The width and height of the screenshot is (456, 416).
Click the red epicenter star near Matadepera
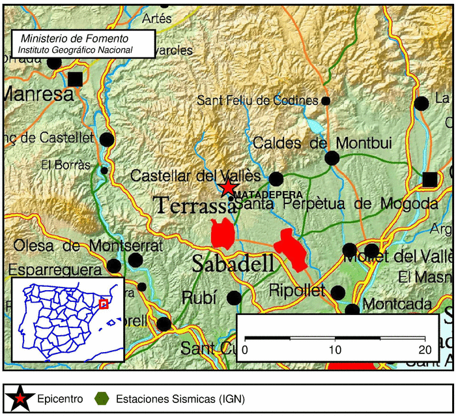(x=227, y=188)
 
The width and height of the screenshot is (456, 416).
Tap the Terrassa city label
(x=195, y=205)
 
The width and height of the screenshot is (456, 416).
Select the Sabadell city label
(x=233, y=264)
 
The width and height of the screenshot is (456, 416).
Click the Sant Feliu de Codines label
(x=257, y=100)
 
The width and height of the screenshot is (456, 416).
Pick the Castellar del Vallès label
(x=195, y=176)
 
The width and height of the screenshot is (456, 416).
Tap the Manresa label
(x=38, y=94)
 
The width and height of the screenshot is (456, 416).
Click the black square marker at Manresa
(x=76, y=79)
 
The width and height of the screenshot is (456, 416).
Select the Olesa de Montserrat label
(x=87, y=246)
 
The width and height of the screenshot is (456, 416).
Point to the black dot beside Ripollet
(x=337, y=292)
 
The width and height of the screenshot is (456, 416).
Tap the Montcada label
(x=397, y=305)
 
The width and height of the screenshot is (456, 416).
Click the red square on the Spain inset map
(x=103, y=304)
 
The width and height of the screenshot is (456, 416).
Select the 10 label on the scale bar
(x=335, y=349)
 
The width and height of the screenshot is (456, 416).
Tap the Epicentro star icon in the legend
(x=21, y=398)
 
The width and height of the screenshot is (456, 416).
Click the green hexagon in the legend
(x=102, y=398)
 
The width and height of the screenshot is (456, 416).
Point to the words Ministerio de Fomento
(x=74, y=39)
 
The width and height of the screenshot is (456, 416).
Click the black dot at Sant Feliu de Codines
(x=326, y=101)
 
